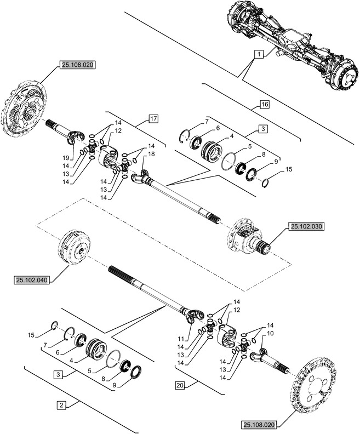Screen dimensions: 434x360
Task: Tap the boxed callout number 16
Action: coord(264,104)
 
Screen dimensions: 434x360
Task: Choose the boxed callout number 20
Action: coord(180,385)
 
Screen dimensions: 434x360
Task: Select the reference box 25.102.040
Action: coord(29,280)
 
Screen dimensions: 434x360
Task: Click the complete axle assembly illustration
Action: coord(290,44)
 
